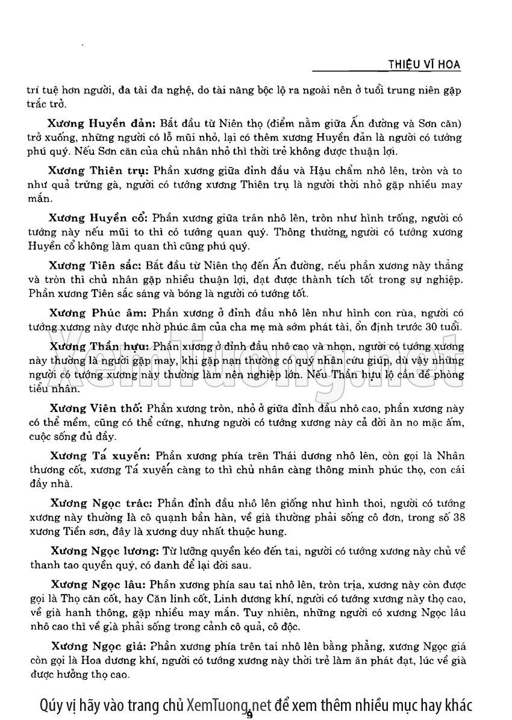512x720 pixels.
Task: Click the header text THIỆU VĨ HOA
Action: [425, 64]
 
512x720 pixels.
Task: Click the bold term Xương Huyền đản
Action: [95, 124]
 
